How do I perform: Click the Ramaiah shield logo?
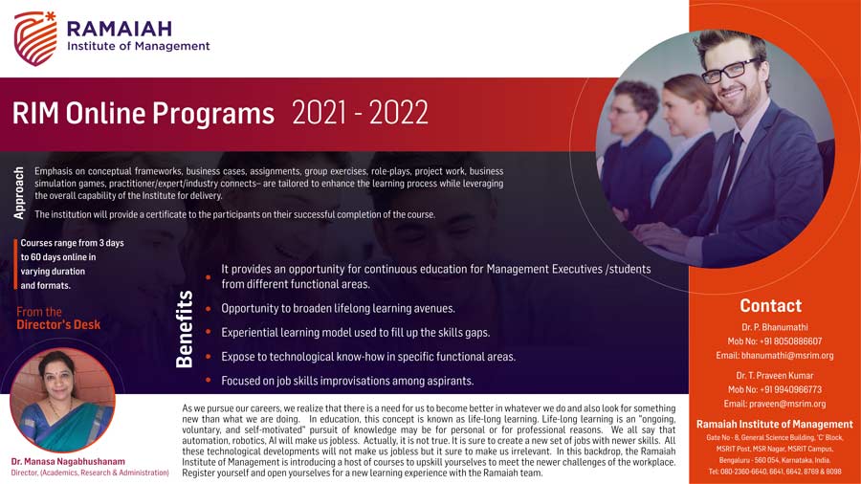tap(35, 38)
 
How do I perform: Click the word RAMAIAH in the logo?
tap(120, 29)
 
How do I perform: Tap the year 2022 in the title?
tap(398, 113)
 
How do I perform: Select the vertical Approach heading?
tap(19, 193)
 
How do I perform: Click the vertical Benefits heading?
tap(185, 329)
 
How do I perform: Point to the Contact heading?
tap(770, 306)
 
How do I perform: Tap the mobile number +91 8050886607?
tap(791, 341)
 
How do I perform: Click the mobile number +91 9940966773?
tap(791, 389)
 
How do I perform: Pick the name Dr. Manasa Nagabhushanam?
tap(68, 461)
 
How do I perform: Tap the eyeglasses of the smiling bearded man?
tap(730, 71)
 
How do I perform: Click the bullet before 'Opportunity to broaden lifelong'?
tap(209, 308)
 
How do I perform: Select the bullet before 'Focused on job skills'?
tap(209, 381)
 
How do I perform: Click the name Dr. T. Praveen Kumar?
tap(775, 376)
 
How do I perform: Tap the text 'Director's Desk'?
tap(58, 324)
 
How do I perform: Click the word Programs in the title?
tap(213, 114)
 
